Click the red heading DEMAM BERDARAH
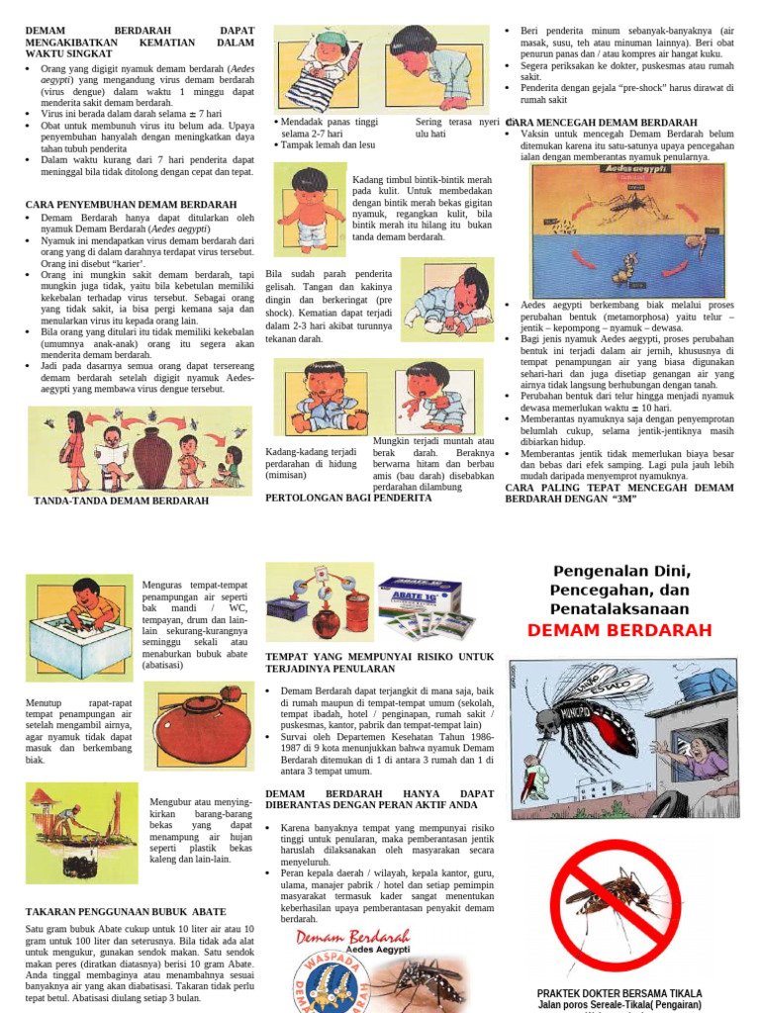click(619, 631)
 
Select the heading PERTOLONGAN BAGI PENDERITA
click(348, 498)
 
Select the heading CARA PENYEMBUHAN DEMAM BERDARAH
click(131, 205)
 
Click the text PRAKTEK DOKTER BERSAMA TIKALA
click(619, 992)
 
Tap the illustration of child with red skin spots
click(310, 210)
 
